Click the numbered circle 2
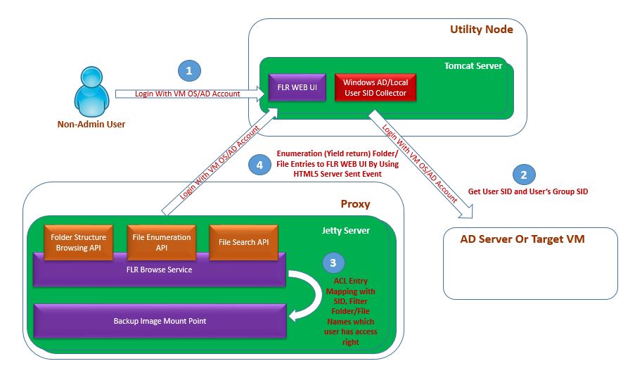click(523, 174)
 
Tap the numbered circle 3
click(334, 263)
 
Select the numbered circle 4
click(259, 165)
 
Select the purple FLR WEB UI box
click(295, 88)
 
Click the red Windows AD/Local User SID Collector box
click(375, 88)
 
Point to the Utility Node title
click(481, 30)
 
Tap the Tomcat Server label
click(473, 66)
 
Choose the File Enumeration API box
click(162, 242)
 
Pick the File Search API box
click(243, 242)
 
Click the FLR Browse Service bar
click(159, 270)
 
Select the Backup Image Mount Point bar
click(160, 321)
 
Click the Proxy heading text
click(355, 204)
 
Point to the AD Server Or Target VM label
click(522, 239)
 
